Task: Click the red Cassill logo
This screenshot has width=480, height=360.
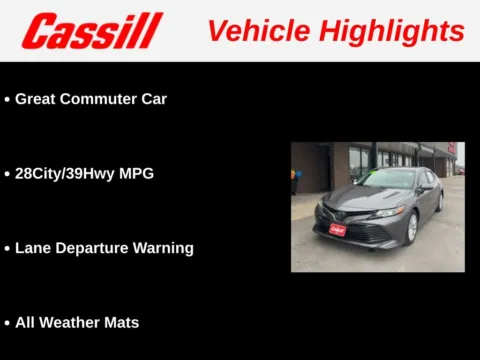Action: (92, 31)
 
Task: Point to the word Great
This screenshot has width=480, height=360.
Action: (36, 99)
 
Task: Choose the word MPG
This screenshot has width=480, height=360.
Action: (137, 173)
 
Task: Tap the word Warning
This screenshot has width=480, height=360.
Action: (164, 247)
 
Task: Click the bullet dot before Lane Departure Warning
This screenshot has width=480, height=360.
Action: (7, 248)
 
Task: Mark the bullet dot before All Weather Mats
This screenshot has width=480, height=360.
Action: (7, 323)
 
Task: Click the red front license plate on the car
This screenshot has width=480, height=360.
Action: (337, 229)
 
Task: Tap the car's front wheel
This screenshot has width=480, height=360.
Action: (411, 227)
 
